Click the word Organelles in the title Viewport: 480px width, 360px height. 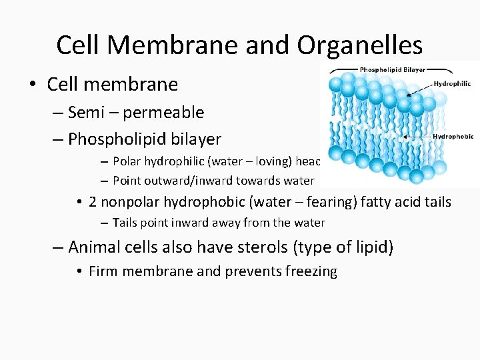[360, 45]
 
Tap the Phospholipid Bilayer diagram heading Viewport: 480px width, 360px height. [393, 69]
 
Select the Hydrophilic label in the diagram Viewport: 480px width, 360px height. [452, 84]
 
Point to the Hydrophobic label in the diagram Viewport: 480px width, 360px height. [453, 137]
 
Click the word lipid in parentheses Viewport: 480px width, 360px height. [370, 247]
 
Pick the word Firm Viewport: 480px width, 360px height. [102, 271]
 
